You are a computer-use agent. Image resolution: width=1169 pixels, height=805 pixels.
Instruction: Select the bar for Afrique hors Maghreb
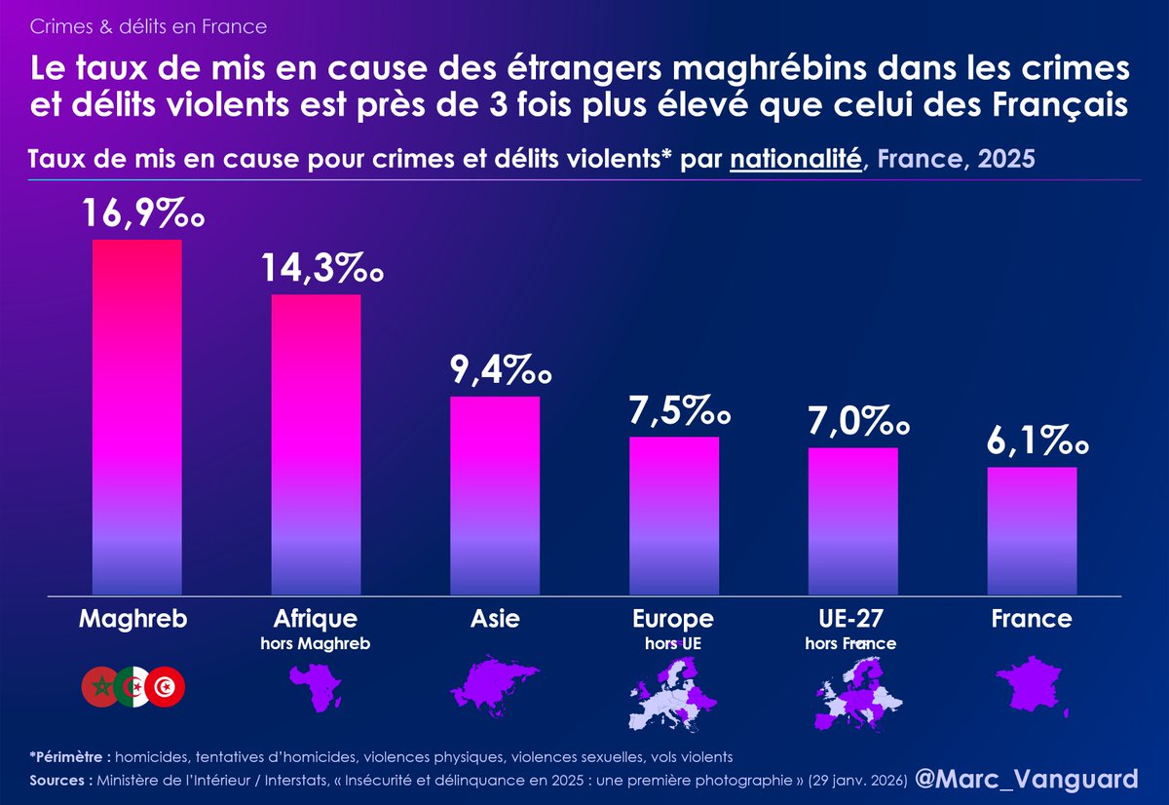(x=316, y=443)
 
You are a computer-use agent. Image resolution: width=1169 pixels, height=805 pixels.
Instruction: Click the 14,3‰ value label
(x=321, y=267)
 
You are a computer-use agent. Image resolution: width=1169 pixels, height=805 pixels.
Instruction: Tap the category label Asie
(x=495, y=619)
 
